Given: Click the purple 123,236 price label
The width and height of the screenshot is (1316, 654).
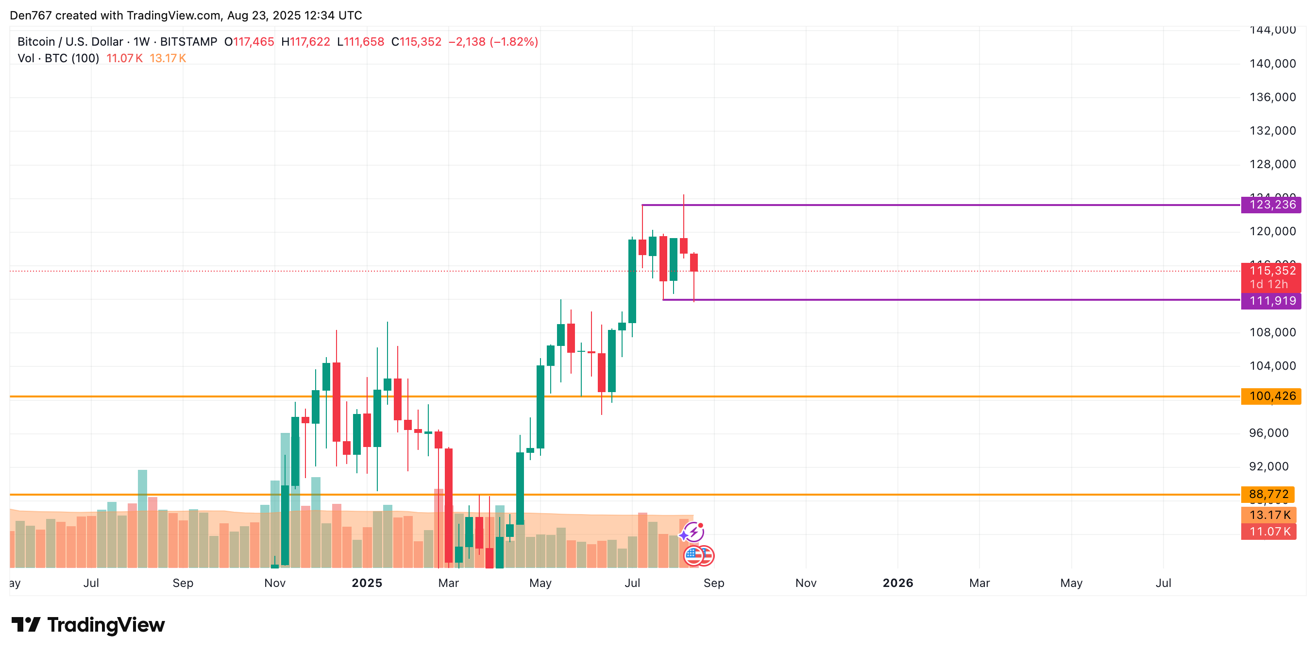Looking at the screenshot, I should point(1271,205).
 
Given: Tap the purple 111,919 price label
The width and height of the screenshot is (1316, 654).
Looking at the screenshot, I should point(1271,301).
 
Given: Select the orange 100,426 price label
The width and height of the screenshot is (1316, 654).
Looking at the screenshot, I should point(1271,396).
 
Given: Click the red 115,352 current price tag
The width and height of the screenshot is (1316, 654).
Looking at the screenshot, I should point(1271,271).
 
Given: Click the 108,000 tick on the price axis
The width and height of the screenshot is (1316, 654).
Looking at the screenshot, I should point(1272,332).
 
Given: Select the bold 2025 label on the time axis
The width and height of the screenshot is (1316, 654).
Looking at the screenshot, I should point(367,583).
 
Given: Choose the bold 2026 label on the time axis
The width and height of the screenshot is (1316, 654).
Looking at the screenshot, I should point(897,583).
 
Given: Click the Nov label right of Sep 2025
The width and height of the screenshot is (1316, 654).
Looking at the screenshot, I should point(806,583).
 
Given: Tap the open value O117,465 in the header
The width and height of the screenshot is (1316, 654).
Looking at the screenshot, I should point(249,42).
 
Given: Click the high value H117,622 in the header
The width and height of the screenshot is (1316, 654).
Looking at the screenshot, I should point(305,42).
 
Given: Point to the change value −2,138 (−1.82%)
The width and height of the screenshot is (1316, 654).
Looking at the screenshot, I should point(493,42).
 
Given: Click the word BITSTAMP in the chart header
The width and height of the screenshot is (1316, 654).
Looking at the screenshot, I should point(188,42).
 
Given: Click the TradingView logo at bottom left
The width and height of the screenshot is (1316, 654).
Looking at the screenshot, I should point(88,625).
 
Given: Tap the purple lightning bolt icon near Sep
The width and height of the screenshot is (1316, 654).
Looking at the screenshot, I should point(693,532).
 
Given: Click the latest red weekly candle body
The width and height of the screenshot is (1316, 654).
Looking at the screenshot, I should point(694,262).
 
